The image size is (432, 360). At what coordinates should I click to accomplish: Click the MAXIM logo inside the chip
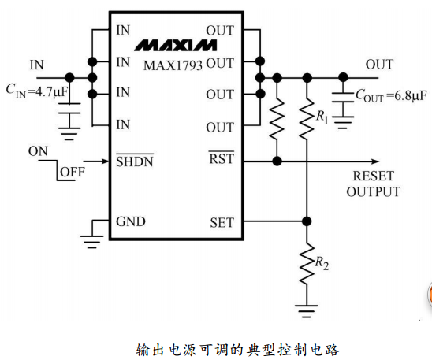176,46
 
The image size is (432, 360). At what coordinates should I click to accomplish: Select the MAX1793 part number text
173,65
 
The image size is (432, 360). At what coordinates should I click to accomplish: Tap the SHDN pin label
135,161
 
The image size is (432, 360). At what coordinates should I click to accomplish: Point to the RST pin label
222,158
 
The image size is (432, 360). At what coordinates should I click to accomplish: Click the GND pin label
131,221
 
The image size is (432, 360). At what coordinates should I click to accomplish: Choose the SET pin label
222,222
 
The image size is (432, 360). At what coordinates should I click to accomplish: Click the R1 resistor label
322,117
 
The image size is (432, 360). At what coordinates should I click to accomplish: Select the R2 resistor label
322,263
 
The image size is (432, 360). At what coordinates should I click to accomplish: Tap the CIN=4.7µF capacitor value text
37,91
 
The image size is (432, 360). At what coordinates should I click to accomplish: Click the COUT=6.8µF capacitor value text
391,95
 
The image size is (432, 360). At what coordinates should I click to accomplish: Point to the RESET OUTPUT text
374,184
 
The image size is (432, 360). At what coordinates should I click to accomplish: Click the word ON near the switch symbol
38,151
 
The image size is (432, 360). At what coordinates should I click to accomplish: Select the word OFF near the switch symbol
73,172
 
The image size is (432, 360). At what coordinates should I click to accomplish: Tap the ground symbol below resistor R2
307,311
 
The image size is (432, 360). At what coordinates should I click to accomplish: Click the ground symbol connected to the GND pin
92,242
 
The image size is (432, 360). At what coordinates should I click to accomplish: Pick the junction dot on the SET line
307,221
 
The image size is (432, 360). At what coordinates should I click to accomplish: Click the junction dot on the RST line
277,161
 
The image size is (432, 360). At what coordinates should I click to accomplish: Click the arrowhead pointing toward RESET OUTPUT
375,161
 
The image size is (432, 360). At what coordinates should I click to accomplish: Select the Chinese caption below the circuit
237,350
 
